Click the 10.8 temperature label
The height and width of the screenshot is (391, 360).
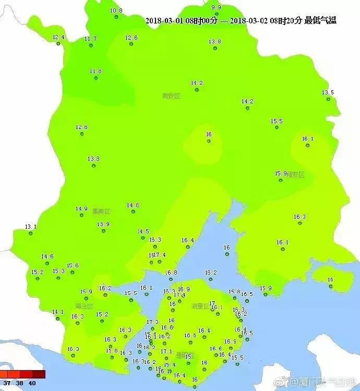(x=116, y=10)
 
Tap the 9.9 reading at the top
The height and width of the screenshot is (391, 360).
(x=216, y=7)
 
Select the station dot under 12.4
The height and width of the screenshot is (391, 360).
(x=58, y=44)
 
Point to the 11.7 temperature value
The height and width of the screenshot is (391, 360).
(x=91, y=39)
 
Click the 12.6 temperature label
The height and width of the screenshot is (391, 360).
(x=131, y=38)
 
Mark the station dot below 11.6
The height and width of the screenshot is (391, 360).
(x=96, y=78)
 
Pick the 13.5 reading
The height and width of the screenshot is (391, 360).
(x=328, y=92)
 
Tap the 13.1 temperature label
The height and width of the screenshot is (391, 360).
(x=31, y=227)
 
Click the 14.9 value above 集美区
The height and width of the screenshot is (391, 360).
(x=81, y=209)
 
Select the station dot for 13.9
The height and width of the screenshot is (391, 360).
(x=103, y=232)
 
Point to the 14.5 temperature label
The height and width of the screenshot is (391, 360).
(x=143, y=231)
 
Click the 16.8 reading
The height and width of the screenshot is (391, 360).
(x=171, y=272)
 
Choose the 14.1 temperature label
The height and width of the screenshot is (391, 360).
(x=57, y=312)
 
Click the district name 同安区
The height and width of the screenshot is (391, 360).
(x=171, y=96)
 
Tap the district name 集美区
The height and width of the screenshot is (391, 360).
(x=101, y=211)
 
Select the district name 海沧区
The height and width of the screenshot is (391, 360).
(x=83, y=306)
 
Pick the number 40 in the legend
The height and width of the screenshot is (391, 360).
(x=32, y=383)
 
